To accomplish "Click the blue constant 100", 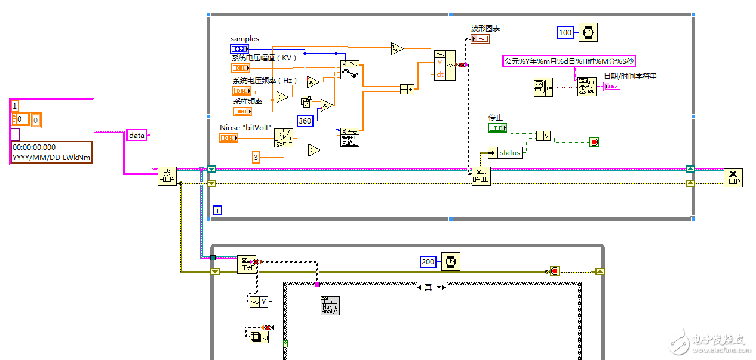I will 566,33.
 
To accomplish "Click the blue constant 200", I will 428,261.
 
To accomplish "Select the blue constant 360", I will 305,121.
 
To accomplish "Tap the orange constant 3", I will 256,157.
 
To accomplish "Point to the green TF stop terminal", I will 497,128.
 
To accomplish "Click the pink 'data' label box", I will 137,136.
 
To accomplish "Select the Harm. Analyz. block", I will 330,305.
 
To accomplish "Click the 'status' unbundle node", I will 505,153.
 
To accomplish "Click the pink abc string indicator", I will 612,87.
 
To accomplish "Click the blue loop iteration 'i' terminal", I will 217,210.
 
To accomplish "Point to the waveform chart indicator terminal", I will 480,39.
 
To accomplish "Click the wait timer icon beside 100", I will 588,32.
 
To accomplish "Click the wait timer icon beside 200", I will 451,261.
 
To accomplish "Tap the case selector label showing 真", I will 432,288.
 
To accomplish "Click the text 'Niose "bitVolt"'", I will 245,128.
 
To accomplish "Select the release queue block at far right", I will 733,177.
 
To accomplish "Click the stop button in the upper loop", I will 594,142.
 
